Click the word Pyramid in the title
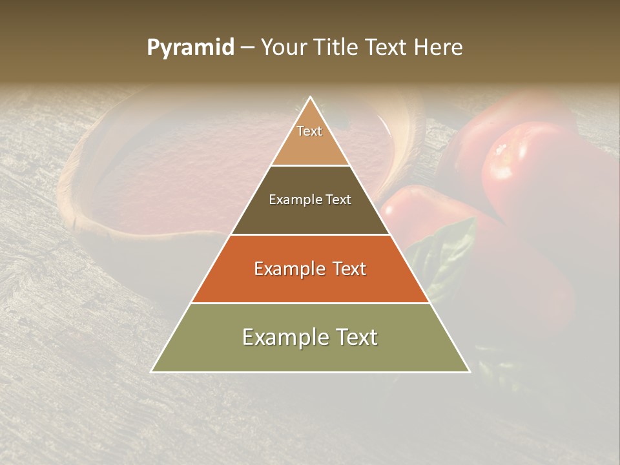[190, 48]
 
